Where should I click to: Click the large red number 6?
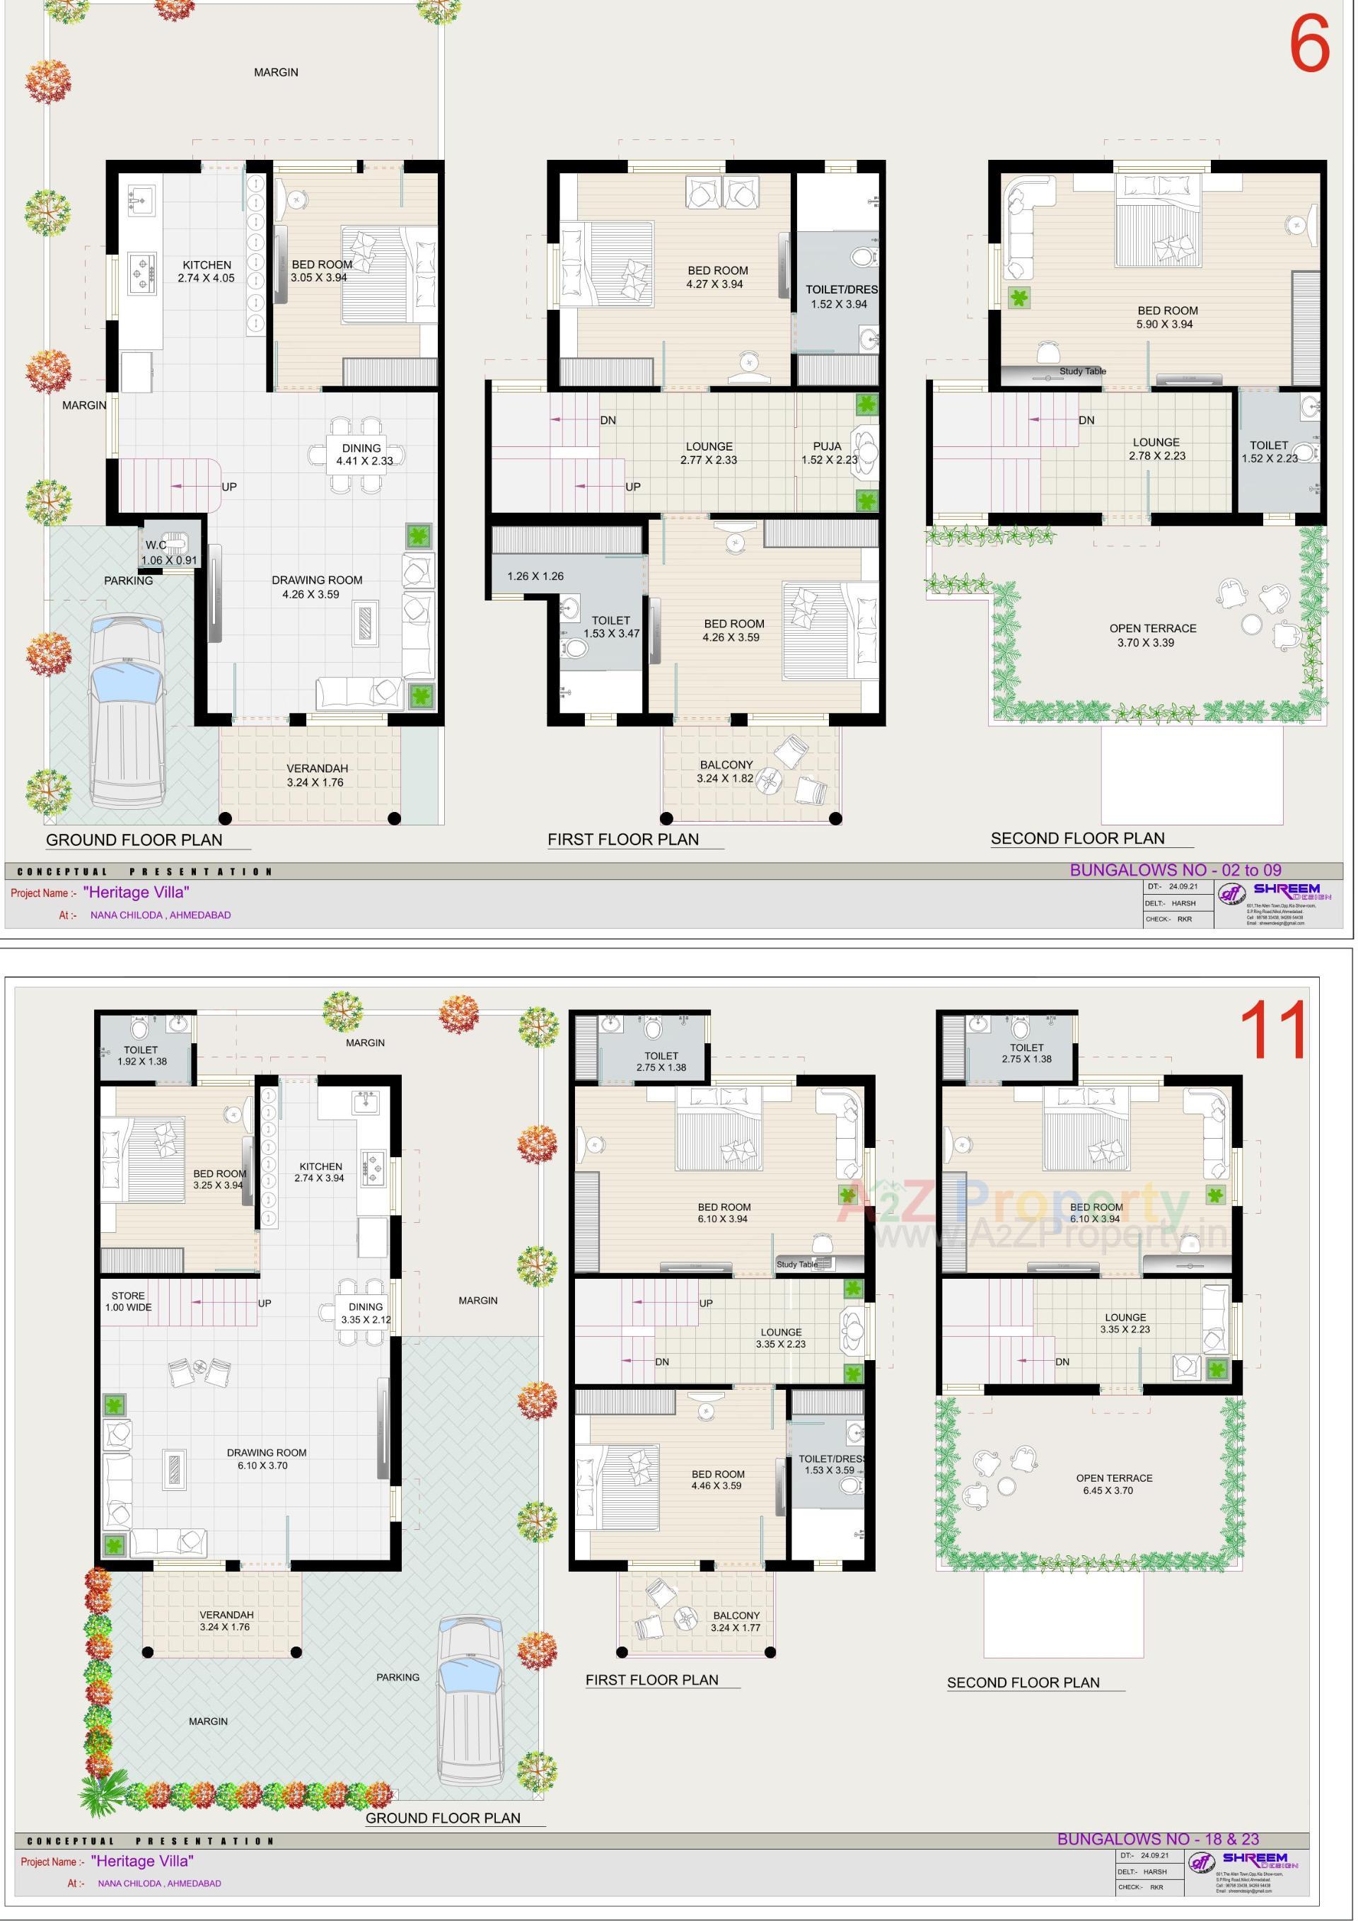1308,45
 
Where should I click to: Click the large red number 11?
1272,1031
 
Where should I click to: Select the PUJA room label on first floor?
828,453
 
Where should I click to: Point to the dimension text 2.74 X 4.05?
206,278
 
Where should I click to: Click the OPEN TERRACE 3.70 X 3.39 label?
1151,635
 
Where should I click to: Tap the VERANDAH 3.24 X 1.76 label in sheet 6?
316,774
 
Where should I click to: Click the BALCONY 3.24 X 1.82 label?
726,772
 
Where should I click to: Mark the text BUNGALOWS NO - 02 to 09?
1175,870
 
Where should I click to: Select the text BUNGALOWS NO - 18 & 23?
1157,1838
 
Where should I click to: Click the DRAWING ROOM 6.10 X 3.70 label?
266,1459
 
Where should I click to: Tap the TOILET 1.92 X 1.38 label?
141,1055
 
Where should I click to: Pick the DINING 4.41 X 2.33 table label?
362,454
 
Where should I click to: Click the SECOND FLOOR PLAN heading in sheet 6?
1077,838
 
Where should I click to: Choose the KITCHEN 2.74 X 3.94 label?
320,1171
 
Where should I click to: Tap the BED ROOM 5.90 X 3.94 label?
1166,317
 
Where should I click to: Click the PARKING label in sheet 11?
397,1677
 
